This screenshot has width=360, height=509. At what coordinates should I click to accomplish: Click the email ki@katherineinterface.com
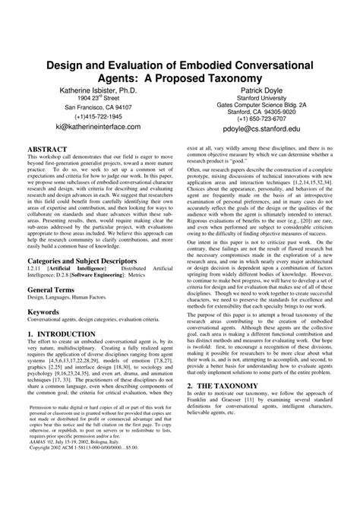point(97,128)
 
